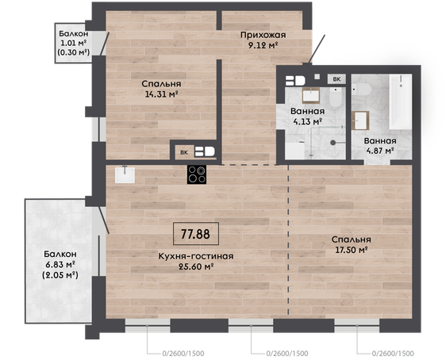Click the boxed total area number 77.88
point(196,234)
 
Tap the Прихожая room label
point(263,35)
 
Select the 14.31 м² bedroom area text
point(162,94)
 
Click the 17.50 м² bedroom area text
point(352,250)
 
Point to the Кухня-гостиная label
point(196,256)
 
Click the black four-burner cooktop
point(197,174)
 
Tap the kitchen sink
point(125,174)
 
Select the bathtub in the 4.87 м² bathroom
point(400,101)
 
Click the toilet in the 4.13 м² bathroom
point(337,97)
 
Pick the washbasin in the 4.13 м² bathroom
point(311,95)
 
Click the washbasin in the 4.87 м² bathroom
point(360,121)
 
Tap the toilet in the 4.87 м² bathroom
point(361,90)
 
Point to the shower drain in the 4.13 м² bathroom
point(333,143)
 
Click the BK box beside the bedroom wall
point(184,152)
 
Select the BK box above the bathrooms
point(336,79)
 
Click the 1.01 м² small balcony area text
point(73,43)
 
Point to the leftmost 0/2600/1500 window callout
point(183,354)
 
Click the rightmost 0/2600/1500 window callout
point(393,354)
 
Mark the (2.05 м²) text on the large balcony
point(60,275)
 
